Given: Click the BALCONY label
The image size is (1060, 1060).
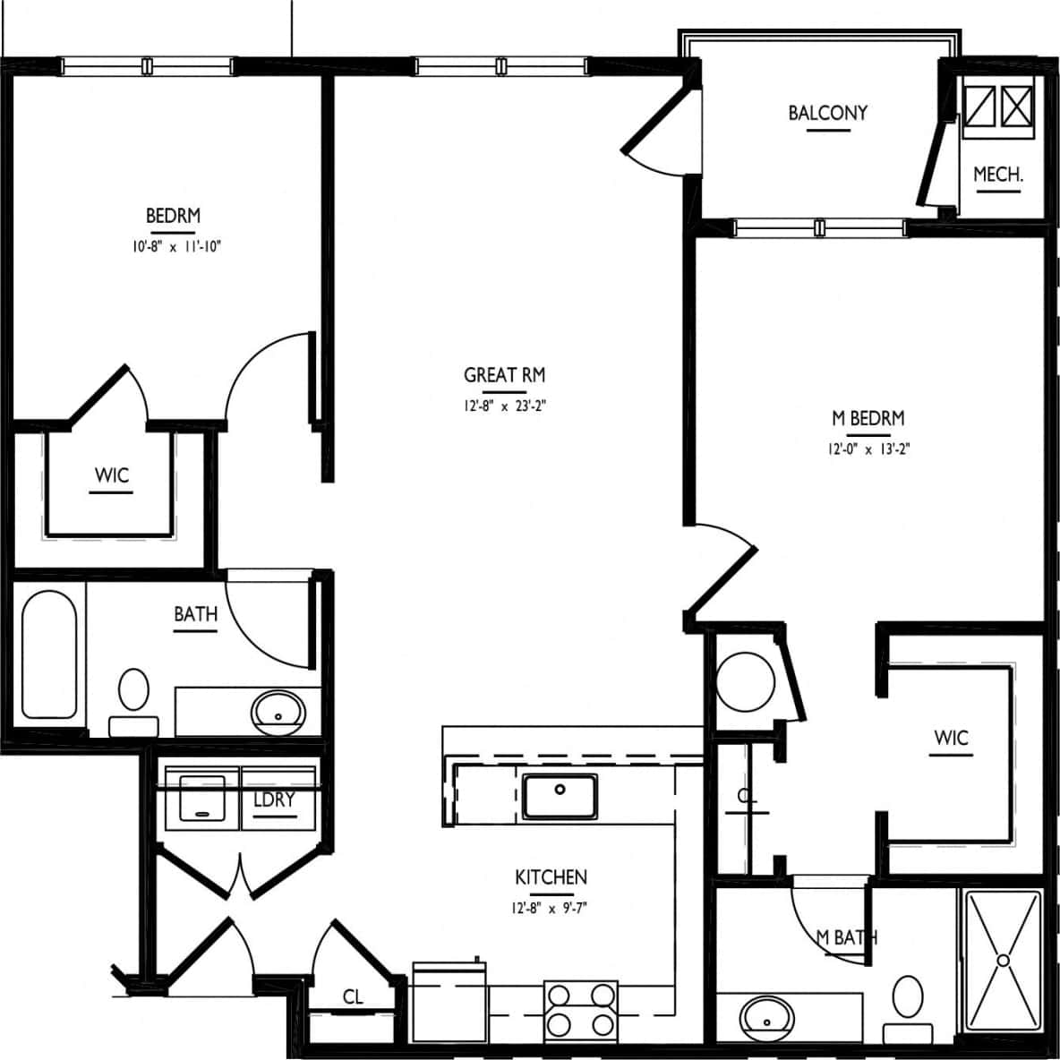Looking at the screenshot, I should (x=827, y=113).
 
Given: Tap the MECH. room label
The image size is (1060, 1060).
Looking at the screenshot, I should (x=997, y=174).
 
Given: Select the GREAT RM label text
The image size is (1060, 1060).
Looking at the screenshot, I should (x=504, y=375).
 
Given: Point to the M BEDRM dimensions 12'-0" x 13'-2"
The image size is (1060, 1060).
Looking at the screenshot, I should (x=868, y=449).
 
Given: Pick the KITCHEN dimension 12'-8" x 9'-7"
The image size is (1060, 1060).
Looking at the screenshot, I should (x=551, y=908).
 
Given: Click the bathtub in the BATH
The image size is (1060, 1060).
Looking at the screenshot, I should (x=48, y=654).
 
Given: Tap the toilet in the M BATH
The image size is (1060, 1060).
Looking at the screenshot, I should (x=908, y=1003).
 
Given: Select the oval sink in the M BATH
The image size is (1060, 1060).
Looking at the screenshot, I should (x=766, y=1018).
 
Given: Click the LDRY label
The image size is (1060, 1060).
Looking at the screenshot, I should (x=274, y=799).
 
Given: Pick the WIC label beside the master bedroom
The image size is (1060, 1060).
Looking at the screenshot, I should (x=951, y=738).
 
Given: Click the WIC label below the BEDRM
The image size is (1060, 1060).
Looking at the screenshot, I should (x=112, y=475).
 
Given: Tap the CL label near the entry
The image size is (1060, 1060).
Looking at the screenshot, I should (x=353, y=997).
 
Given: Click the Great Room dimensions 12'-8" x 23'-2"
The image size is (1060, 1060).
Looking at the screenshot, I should (x=504, y=406).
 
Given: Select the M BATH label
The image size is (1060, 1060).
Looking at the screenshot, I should (x=846, y=937).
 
